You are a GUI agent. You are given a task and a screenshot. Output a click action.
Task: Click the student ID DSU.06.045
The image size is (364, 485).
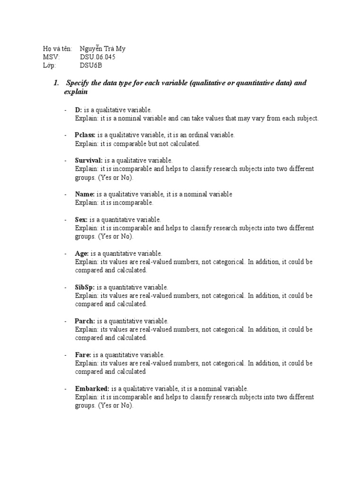[97, 57]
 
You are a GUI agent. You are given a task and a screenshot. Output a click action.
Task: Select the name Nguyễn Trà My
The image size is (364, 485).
[102, 49]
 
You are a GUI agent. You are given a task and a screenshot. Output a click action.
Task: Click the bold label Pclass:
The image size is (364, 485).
[85, 135]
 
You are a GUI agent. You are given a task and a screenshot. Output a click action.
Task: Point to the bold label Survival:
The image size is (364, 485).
[89, 161]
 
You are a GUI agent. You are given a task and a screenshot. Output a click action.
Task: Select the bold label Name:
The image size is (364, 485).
[85, 194]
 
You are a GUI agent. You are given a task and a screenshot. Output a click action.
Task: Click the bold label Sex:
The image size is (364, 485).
[82, 220]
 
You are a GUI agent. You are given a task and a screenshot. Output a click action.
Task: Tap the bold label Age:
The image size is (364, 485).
[82, 253]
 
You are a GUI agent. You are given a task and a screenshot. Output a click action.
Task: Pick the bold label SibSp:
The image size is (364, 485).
[85, 287]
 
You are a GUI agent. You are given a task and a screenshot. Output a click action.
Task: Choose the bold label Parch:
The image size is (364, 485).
[85, 321]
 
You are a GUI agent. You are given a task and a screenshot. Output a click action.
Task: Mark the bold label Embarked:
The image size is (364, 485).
[92, 388]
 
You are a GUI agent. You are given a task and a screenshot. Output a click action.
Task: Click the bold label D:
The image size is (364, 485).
[78, 110]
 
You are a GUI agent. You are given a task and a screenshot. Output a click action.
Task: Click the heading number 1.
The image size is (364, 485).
[56, 83]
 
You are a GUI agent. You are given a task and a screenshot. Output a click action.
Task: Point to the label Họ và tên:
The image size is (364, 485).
[57, 49]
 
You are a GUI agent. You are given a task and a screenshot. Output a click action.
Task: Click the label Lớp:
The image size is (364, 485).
[49, 65]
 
